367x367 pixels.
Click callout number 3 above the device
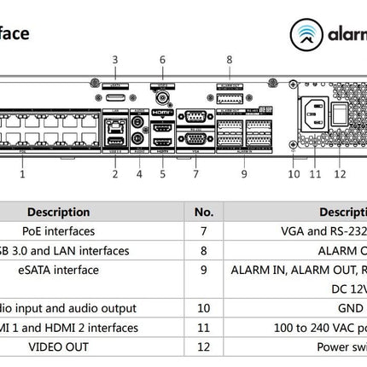[115, 60]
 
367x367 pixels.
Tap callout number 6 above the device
[162, 60]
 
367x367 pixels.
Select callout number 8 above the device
[229, 60]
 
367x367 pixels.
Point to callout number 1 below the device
[22, 174]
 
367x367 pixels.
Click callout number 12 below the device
[341, 174]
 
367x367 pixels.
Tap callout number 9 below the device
[243, 174]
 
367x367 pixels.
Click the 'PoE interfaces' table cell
[58, 231]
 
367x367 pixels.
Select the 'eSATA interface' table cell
[58, 270]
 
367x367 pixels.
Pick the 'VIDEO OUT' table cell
[58, 347]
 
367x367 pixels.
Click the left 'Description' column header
[58, 212]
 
